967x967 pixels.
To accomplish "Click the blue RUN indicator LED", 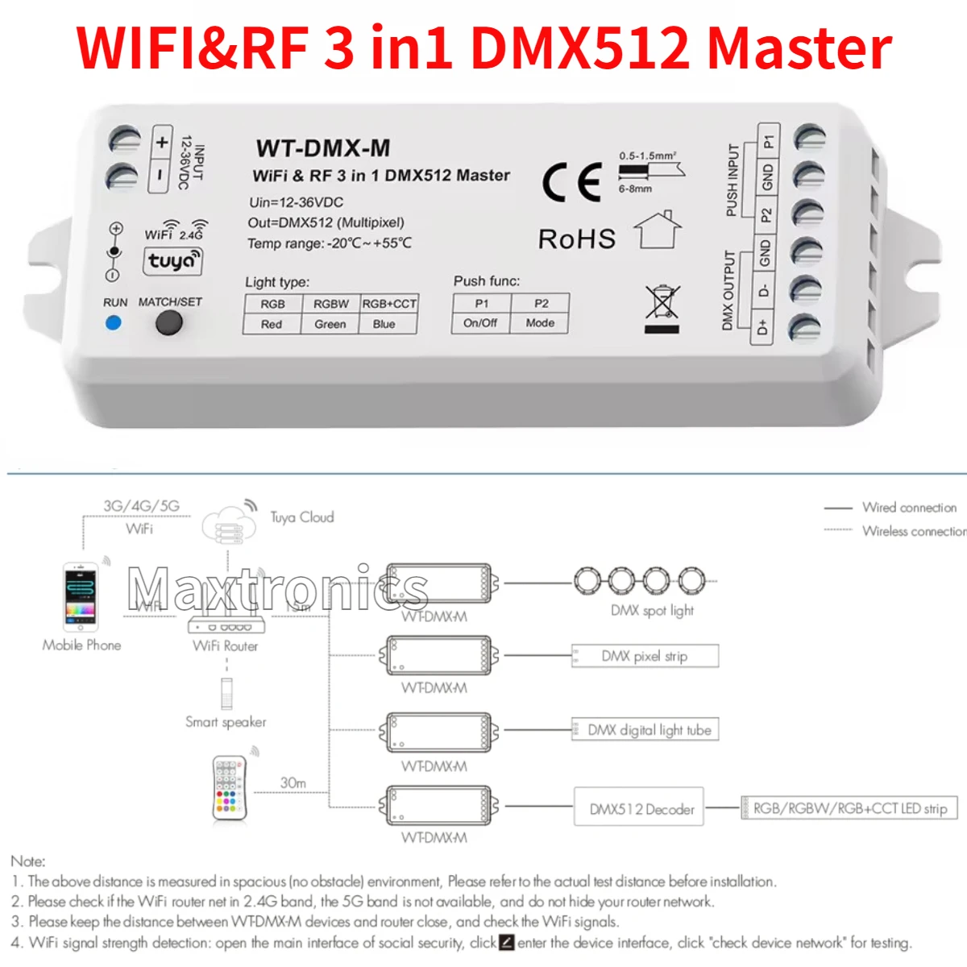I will [x=114, y=323].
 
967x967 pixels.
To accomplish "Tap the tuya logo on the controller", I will [x=172, y=261].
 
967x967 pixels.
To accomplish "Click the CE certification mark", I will [x=572, y=182].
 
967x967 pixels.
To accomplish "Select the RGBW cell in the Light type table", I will [x=331, y=304].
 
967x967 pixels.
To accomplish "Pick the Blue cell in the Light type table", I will [x=384, y=324].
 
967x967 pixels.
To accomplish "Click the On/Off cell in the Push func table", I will [x=480, y=323].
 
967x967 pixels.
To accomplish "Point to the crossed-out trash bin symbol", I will [x=662, y=307].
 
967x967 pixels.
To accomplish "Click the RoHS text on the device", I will [x=577, y=239].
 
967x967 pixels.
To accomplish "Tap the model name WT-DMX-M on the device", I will [x=323, y=148].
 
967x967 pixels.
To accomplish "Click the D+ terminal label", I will [x=762, y=328].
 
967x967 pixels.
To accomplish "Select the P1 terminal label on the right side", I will [x=769, y=141].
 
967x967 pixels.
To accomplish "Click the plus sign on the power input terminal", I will [x=162, y=143].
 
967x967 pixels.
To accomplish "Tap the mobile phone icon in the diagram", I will [x=81, y=597].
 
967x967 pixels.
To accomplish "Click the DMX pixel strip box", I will [x=645, y=656].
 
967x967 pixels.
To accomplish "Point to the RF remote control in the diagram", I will [x=229, y=789].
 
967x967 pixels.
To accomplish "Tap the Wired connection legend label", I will [x=909, y=508].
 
